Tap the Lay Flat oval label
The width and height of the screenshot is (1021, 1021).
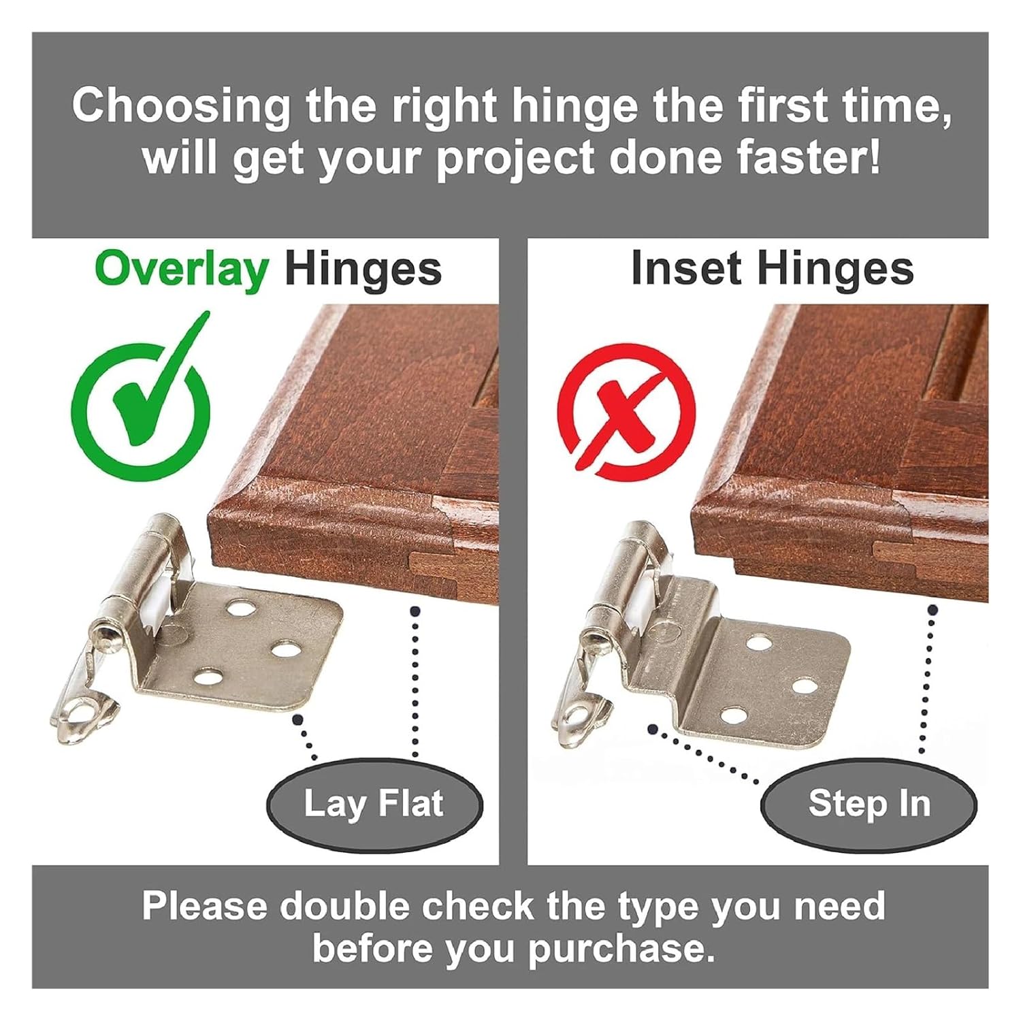(374, 803)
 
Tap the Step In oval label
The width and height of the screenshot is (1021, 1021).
(869, 803)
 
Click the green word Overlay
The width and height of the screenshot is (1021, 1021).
(182, 270)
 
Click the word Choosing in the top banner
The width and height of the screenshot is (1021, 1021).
(181, 107)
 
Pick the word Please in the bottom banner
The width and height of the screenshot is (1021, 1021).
(204, 907)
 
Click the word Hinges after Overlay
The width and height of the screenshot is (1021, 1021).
(363, 270)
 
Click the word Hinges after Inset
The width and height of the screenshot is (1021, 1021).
(835, 268)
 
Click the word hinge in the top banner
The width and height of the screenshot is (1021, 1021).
(574, 107)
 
